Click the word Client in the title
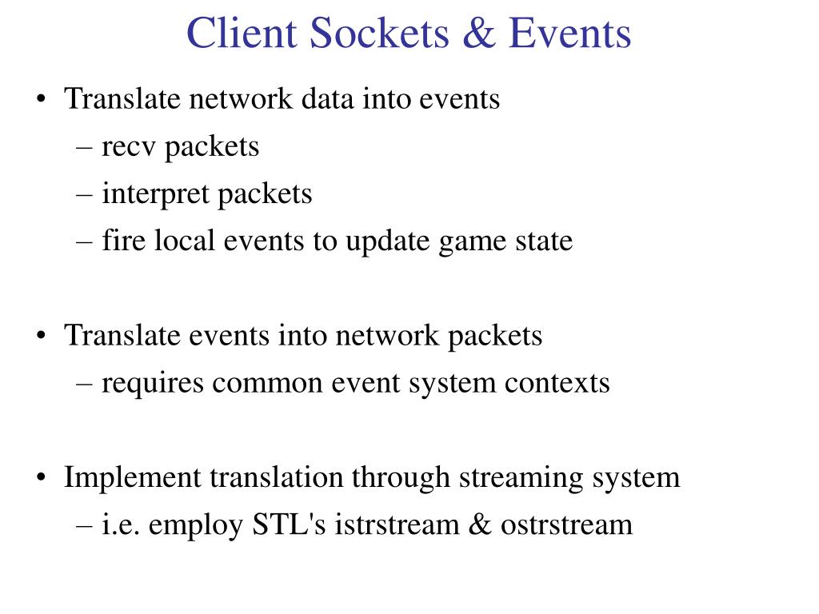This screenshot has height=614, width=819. click(x=239, y=34)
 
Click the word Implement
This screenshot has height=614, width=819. click(x=132, y=478)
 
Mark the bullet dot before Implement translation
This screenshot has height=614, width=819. click(x=41, y=479)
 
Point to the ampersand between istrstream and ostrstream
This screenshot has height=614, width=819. click(x=480, y=525)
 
